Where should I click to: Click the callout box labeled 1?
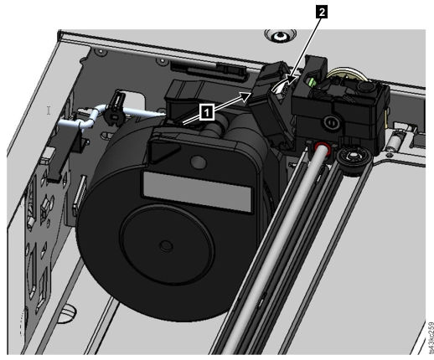(x=207, y=112)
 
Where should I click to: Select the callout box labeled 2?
(x=322, y=12)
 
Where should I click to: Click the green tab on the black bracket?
(x=312, y=83)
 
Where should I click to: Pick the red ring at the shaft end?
(x=322, y=148)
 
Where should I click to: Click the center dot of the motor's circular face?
(x=165, y=246)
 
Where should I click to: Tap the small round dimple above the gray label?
(x=198, y=162)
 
